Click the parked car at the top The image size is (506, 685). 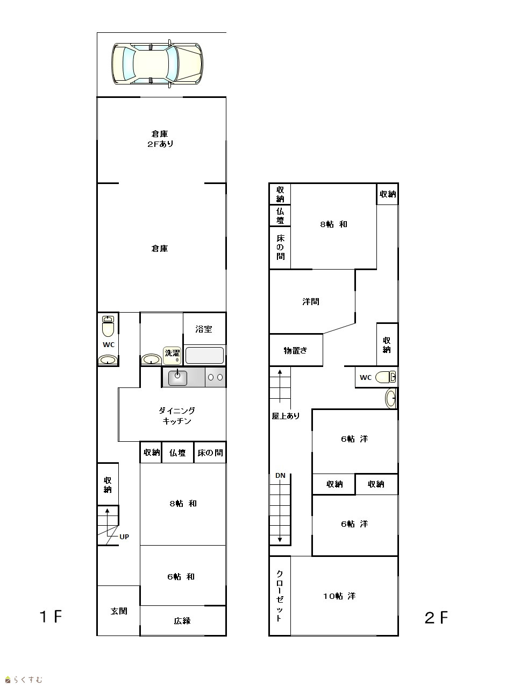[x=157, y=63]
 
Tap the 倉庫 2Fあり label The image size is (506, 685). [x=160, y=139]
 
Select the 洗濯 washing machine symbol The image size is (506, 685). [x=172, y=356]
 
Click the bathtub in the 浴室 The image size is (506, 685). [x=204, y=356]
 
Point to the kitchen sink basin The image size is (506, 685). [x=177, y=378]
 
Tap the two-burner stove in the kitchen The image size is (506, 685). [x=215, y=377]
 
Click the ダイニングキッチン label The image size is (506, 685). [x=176, y=416]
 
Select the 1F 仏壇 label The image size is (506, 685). [x=177, y=453]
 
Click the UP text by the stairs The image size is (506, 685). [x=124, y=537]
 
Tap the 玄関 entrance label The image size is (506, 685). [x=119, y=611]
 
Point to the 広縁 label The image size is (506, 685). [x=182, y=620]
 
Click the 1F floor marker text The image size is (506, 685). [x=51, y=617]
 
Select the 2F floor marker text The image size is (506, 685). [x=436, y=618]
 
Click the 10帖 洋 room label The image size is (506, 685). [x=339, y=596]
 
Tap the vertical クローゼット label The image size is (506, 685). [x=280, y=596]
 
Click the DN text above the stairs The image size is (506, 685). [x=280, y=476]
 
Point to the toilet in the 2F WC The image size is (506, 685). [x=386, y=377]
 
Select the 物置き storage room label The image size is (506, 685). [x=295, y=350]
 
